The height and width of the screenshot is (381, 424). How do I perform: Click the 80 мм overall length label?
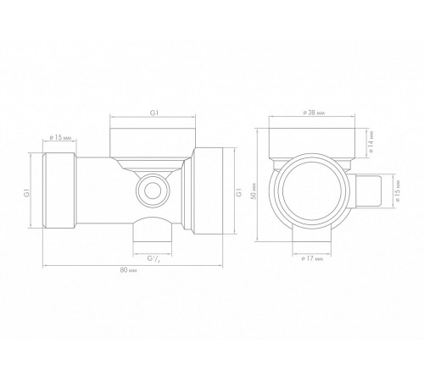coord(128,270)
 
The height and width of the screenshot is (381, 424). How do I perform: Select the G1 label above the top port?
coord(154,113)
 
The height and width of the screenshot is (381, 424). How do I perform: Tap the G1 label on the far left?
coord(26,194)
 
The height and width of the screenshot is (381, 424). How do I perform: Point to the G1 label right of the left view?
coord(239,192)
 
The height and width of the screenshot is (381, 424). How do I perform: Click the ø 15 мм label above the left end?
coord(60,137)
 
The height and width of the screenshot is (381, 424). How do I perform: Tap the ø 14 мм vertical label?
coord(371,141)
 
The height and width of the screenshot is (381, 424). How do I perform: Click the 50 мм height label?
coord(254,192)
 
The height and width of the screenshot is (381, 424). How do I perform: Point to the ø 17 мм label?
coord(312,258)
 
